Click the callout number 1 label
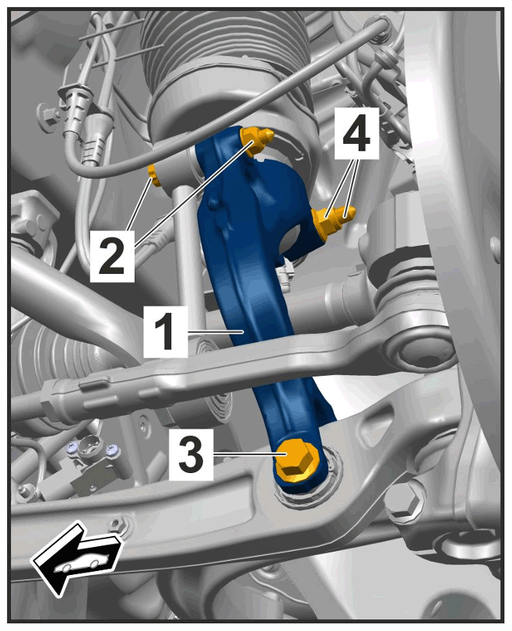[166, 331]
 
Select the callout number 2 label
[112, 256]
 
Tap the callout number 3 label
[191, 454]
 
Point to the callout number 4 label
[356, 134]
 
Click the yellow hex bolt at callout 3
[297, 461]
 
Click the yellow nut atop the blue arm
[257, 139]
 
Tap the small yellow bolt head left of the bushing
[154, 176]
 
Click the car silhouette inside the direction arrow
[82, 562]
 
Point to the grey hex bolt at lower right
[405, 502]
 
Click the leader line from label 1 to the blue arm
[216, 331]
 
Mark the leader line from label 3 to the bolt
[250, 454]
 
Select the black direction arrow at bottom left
[76, 557]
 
